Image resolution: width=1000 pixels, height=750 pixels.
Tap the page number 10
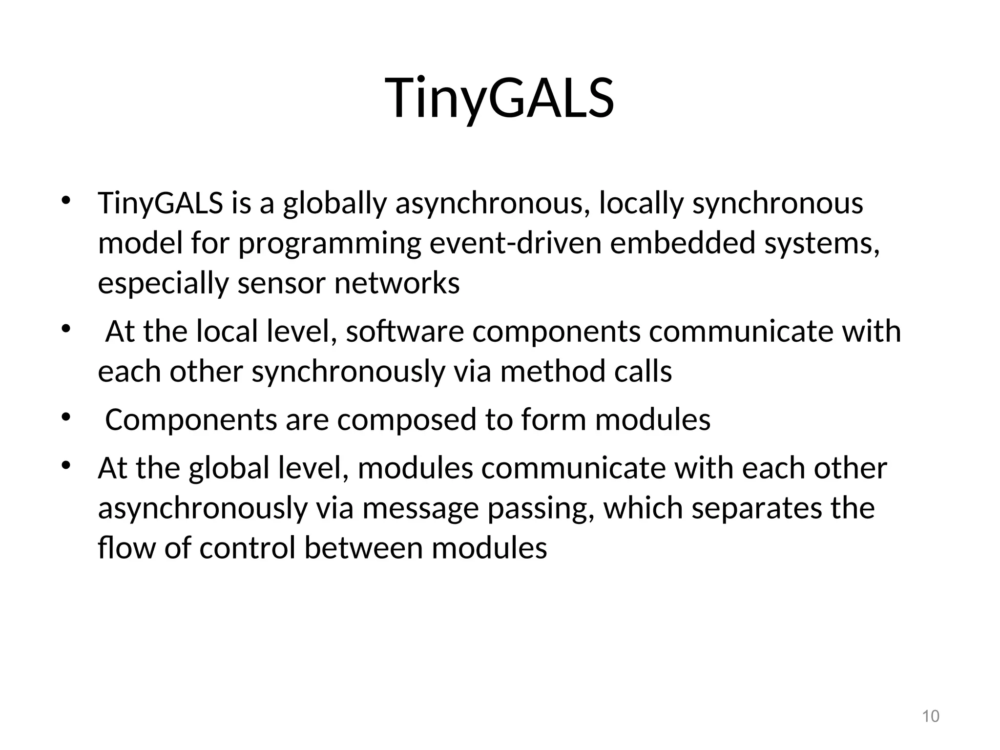930,716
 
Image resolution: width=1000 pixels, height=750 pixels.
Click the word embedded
683,243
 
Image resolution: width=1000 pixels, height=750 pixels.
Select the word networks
396,283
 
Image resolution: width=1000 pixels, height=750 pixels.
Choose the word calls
643,372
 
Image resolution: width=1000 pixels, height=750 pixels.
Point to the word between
363,548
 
